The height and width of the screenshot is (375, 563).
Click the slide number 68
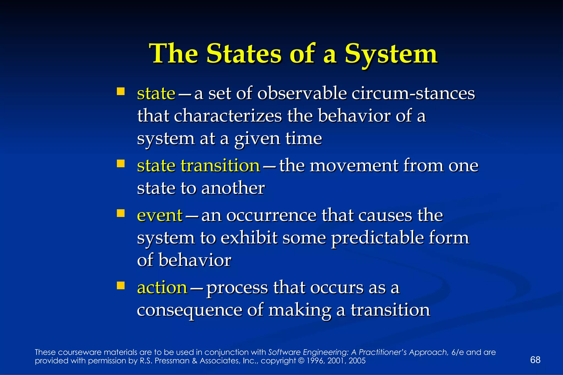[x=535, y=360]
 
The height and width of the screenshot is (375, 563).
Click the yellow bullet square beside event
[x=120, y=213]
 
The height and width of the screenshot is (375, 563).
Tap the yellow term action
[x=162, y=288]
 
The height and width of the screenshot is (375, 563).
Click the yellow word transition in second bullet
[x=220, y=166]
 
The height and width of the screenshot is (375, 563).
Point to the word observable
[x=302, y=93]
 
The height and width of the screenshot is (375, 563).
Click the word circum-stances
[x=413, y=93]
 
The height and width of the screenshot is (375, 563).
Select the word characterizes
[x=228, y=116]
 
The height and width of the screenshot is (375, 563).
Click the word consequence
[x=189, y=310]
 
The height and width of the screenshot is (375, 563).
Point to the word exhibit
[x=249, y=238]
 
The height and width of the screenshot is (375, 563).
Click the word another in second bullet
[x=233, y=188]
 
